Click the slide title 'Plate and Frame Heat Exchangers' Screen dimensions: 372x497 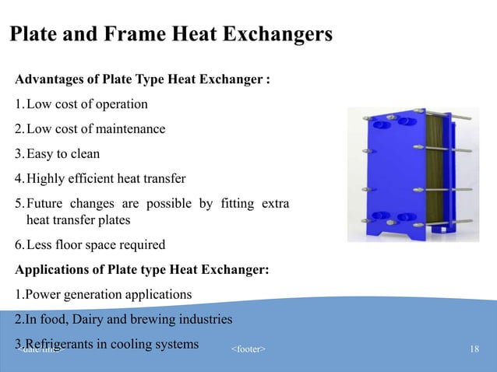tap(170, 35)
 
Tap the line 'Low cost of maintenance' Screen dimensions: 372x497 tap(95, 128)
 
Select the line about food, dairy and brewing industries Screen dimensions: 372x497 tap(123, 319)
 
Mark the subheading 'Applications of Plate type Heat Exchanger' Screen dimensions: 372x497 tap(143, 270)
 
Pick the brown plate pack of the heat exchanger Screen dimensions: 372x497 tap(439, 167)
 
